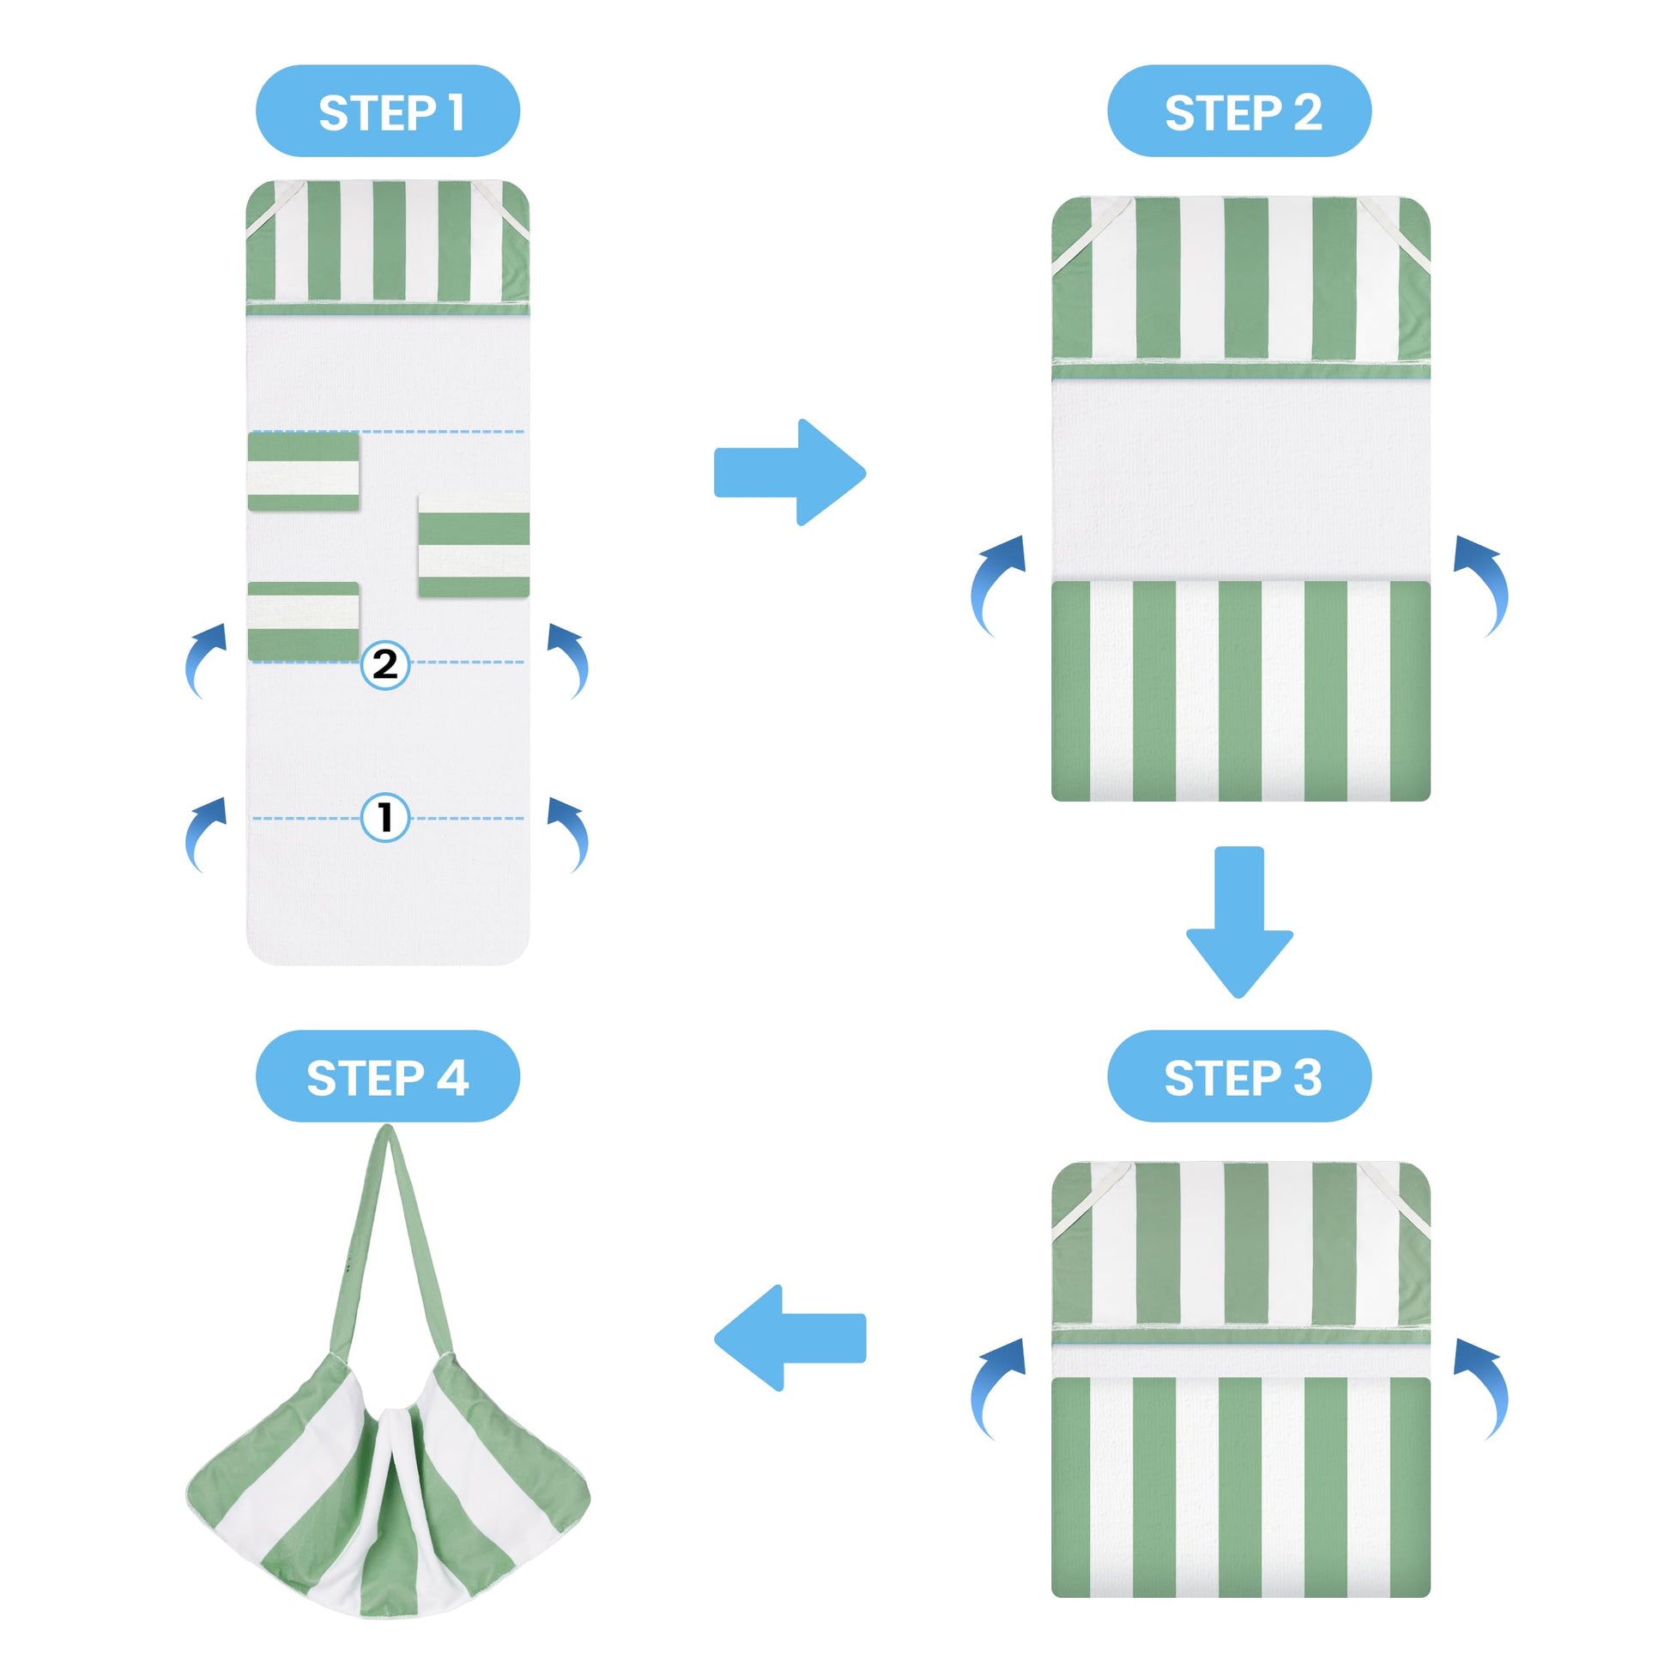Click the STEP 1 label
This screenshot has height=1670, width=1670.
click(x=387, y=112)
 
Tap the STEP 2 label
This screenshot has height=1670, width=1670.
click(x=1239, y=112)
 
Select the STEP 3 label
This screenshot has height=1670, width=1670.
click(x=1239, y=1076)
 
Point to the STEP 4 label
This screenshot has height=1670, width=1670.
click(x=387, y=1076)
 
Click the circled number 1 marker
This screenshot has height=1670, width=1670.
click(x=384, y=817)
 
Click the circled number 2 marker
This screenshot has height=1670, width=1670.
click(x=384, y=664)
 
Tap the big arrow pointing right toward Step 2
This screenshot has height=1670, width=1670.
click(x=790, y=472)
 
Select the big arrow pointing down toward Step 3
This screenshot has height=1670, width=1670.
click(x=1238, y=922)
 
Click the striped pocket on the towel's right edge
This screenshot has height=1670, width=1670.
click(x=474, y=546)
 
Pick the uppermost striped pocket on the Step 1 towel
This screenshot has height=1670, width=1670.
click(x=304, y=471)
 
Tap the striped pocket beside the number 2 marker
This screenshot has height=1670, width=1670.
click(x=304, y=621)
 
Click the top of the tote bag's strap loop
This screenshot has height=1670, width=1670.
click(x=388, y=1128)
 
